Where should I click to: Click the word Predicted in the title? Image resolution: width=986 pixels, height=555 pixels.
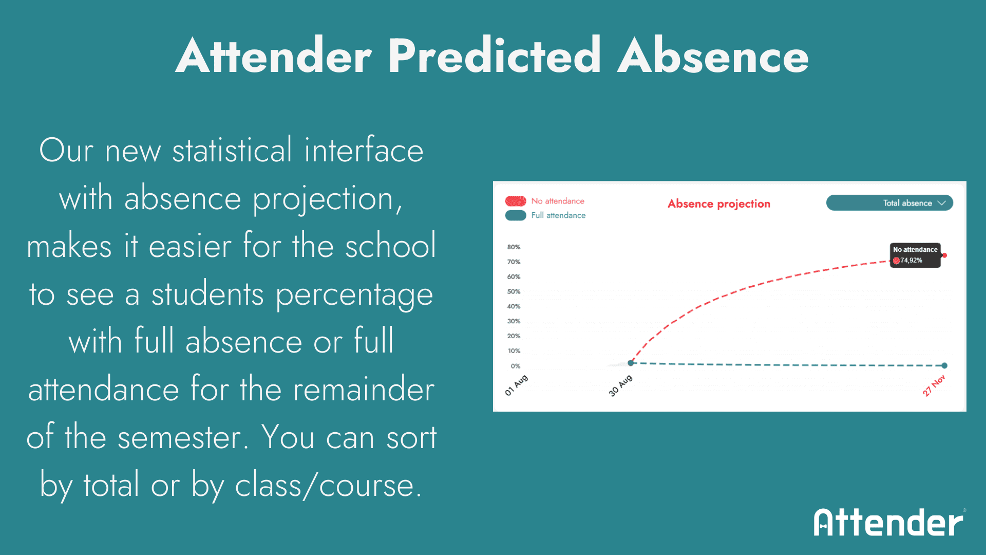click(494, 55)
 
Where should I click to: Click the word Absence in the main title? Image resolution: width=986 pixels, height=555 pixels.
click(713, 55)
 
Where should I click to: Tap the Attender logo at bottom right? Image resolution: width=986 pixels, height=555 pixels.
click(889, 522)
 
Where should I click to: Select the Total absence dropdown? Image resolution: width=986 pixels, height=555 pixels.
click(889, 203)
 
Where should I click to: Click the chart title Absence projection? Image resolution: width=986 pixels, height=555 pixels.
click(719, 204)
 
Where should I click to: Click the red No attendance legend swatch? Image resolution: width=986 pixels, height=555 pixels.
click(516, 201)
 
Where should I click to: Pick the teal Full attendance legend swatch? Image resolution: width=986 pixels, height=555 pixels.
click(516, 215)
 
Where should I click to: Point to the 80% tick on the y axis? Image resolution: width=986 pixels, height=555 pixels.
click(514, 247)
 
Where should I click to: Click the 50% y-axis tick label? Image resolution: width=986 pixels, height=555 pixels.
click(514, 291)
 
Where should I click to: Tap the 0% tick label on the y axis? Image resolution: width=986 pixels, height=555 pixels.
click(516, 366)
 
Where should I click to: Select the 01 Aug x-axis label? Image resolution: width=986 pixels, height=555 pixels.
click(516, 385)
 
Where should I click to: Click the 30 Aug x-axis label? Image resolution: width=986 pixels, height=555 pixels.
click(620, 385)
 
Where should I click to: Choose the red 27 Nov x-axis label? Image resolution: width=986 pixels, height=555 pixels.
click(934, 385)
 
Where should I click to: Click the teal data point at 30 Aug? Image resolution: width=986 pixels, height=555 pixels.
click(631, 363)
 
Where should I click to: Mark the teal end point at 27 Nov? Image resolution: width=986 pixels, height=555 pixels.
click(944, 366)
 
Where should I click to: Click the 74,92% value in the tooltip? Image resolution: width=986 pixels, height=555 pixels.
click(911, 261)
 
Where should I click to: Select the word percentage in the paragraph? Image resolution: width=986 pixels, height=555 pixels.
click(354, 295)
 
